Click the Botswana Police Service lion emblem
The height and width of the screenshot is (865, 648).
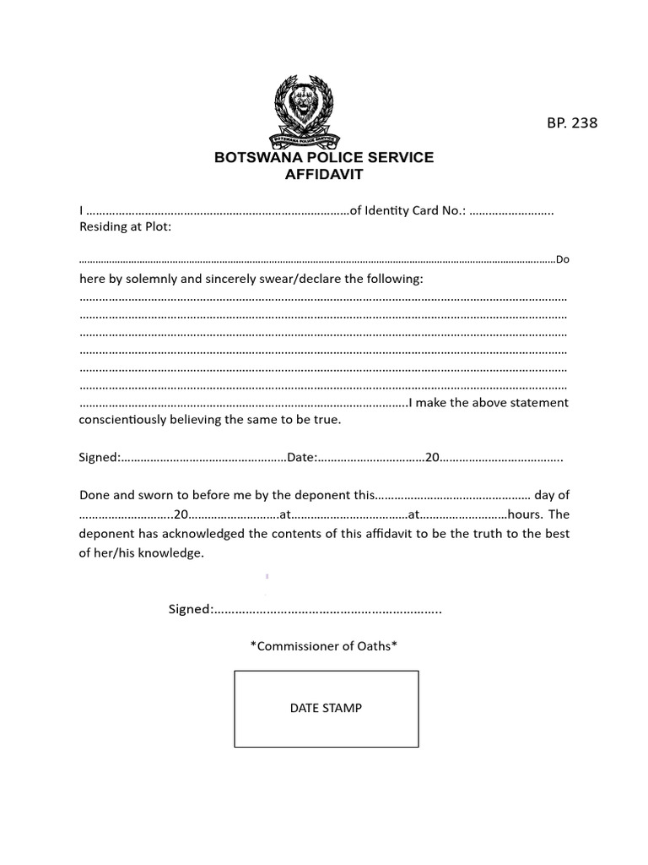coord(305,111)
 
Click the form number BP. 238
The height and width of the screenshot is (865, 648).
coord(571,123)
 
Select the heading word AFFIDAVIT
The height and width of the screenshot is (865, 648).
coord(323,175)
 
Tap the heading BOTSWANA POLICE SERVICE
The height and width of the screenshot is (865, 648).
coord(323,158)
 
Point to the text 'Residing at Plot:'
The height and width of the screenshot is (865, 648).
coord(125,226)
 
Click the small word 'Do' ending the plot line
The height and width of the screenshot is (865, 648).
coord(563,260)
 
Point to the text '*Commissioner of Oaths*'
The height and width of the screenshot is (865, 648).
coord(323,646)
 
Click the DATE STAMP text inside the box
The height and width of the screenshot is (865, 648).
coord(326,708)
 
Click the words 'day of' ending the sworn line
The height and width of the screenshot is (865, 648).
coord(552,495)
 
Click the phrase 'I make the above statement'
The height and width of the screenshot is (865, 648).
coord(488,402)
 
